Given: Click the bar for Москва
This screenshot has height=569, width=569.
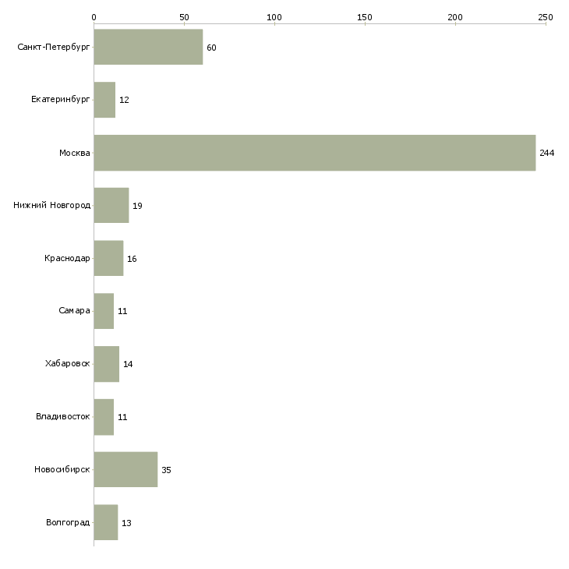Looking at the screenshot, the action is (315, 153).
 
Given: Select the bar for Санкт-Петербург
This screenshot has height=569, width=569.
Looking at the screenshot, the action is (148, 47).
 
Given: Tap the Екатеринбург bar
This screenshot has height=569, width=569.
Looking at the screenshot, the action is (104, 100).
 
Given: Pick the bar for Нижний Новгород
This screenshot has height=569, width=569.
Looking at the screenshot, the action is (111, 206).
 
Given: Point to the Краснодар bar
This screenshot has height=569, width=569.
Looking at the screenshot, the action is (108, 258).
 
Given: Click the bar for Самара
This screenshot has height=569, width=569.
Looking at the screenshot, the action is (104, 311).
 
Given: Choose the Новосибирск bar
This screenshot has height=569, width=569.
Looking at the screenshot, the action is (125, 469).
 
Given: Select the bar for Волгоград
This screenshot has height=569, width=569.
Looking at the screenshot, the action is (105, 522).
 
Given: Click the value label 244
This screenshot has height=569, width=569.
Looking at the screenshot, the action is (547, 153).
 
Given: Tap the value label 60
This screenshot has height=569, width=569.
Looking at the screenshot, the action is (211, 48).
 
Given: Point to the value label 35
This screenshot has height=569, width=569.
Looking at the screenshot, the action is (166, 470).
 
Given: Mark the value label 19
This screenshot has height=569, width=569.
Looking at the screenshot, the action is (137, 206).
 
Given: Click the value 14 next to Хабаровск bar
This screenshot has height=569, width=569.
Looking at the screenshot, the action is (128, 364).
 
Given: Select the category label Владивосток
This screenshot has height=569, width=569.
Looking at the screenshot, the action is (63, 416).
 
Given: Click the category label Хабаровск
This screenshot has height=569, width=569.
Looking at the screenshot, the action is (68, 363).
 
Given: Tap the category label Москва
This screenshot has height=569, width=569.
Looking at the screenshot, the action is (74, 153).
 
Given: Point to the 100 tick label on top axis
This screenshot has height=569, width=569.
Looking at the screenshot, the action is (274, 17).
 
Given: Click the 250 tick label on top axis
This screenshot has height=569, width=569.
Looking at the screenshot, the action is (546, 17).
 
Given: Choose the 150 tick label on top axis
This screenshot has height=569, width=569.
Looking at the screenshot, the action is (365, 17).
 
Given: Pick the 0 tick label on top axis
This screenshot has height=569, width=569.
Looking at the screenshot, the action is (94, 17).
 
